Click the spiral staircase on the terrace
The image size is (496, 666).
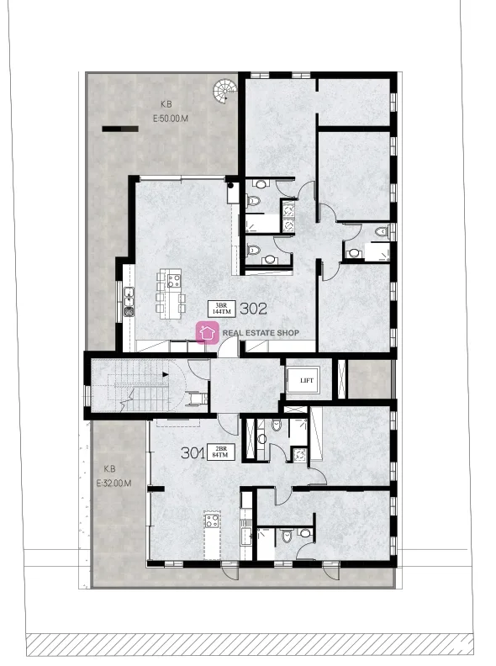(224, 89)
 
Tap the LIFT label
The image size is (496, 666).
(307, 381)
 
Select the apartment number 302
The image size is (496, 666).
(254, 309)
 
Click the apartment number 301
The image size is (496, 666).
(193, 452)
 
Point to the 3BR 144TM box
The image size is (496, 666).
(221, 309)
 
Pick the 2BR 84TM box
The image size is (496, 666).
(221, 452)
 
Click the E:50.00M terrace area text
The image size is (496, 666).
(171, 119)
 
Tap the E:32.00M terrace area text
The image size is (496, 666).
(113, 483)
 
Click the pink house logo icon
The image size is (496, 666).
(208, 332)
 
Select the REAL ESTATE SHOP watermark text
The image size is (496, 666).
(261, 333)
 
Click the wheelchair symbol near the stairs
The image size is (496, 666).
(199, 399)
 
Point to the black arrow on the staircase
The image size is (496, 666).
(165, 375)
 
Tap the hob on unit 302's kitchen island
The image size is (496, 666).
(174, 281)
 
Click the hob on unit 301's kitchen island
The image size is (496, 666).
(212, 521)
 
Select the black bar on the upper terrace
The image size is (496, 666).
(120, 129)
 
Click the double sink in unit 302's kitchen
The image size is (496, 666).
(129, 297)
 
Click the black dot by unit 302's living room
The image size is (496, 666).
(230, 185)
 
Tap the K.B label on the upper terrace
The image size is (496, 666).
(166, 104)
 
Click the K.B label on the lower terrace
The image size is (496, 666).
(109, 469)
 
